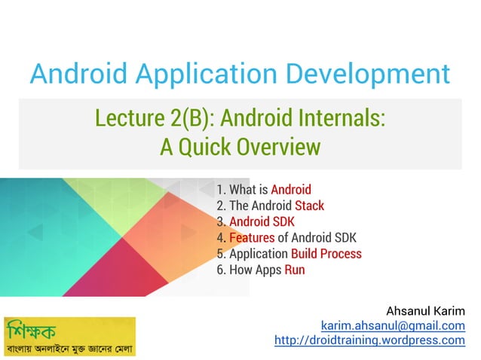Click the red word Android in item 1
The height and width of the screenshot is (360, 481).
click(x=290, y=190)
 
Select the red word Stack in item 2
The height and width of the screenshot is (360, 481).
click(x=310, y=206)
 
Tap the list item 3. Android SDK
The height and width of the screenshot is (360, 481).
click(x=255, y=221)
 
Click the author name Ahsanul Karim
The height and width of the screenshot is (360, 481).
click(x=425, y=310)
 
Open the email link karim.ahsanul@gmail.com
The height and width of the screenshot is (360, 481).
click(x=393, y=325)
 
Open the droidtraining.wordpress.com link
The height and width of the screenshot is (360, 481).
click(x=369, y=340)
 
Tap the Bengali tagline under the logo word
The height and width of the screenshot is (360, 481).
click(x=69, y=349)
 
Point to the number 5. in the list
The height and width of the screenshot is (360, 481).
click(x=221, y=254)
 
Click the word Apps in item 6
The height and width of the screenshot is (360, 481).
click(x=268, y=270)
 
